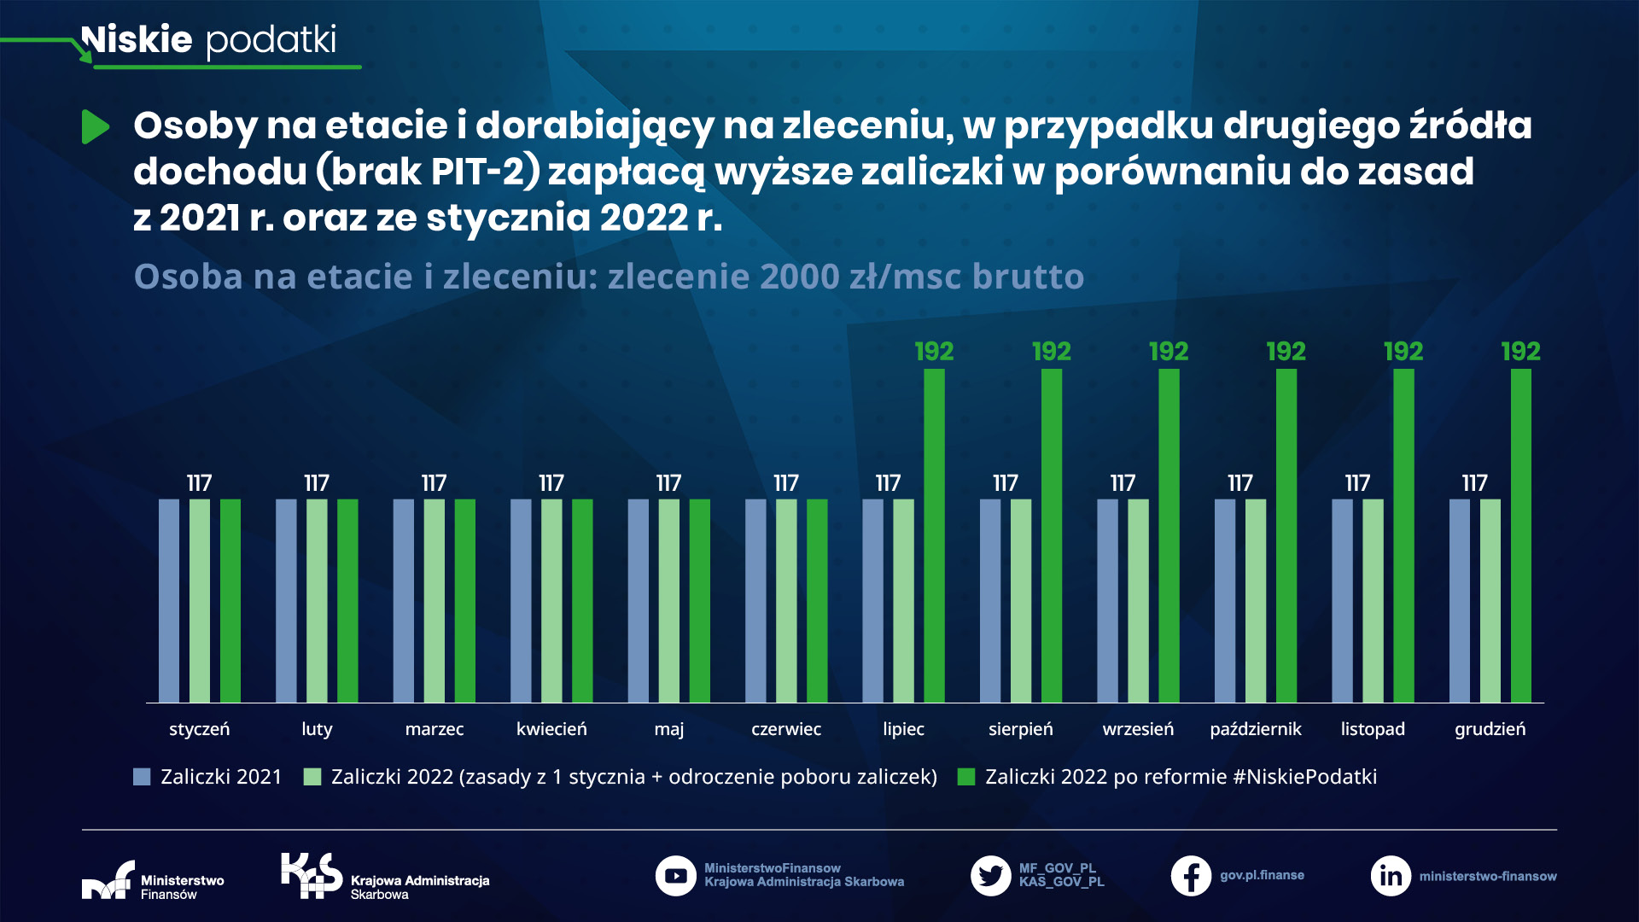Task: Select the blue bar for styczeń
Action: pyautogui.click(x=169, y=601)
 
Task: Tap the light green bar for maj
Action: pyautogui.click(x=668, y=601)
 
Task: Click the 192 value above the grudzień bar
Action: pyautogui.click(x=1520, y=352)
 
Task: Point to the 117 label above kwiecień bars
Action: pyautogui.click(x=551, y=483)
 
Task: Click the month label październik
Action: pyautogui.click(x=1255, y=729)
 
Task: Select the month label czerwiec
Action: pyautogui.click(x=785, y=729)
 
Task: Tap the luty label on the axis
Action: pyautogui.click(x=317, y=729)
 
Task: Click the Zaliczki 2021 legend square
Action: pyautogui.click(x=142, y=777)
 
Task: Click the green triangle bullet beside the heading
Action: pyautogui.click(x=95, y=127)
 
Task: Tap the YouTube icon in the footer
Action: pyautogui.click(x=675, y=876)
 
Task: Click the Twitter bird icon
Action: pyautogui.click(x=990, y=876)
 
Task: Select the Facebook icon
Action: pyautogui.click(x=1191, y=876)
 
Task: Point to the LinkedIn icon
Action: pyautogui.click(x=1391, y=876)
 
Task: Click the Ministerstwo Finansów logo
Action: pyautogui.click(x=108, y=881)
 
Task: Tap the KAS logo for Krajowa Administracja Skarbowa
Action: pyautogui.click(x=312, y=876)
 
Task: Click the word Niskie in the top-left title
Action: pyautogui.click(x=137, y=39)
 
